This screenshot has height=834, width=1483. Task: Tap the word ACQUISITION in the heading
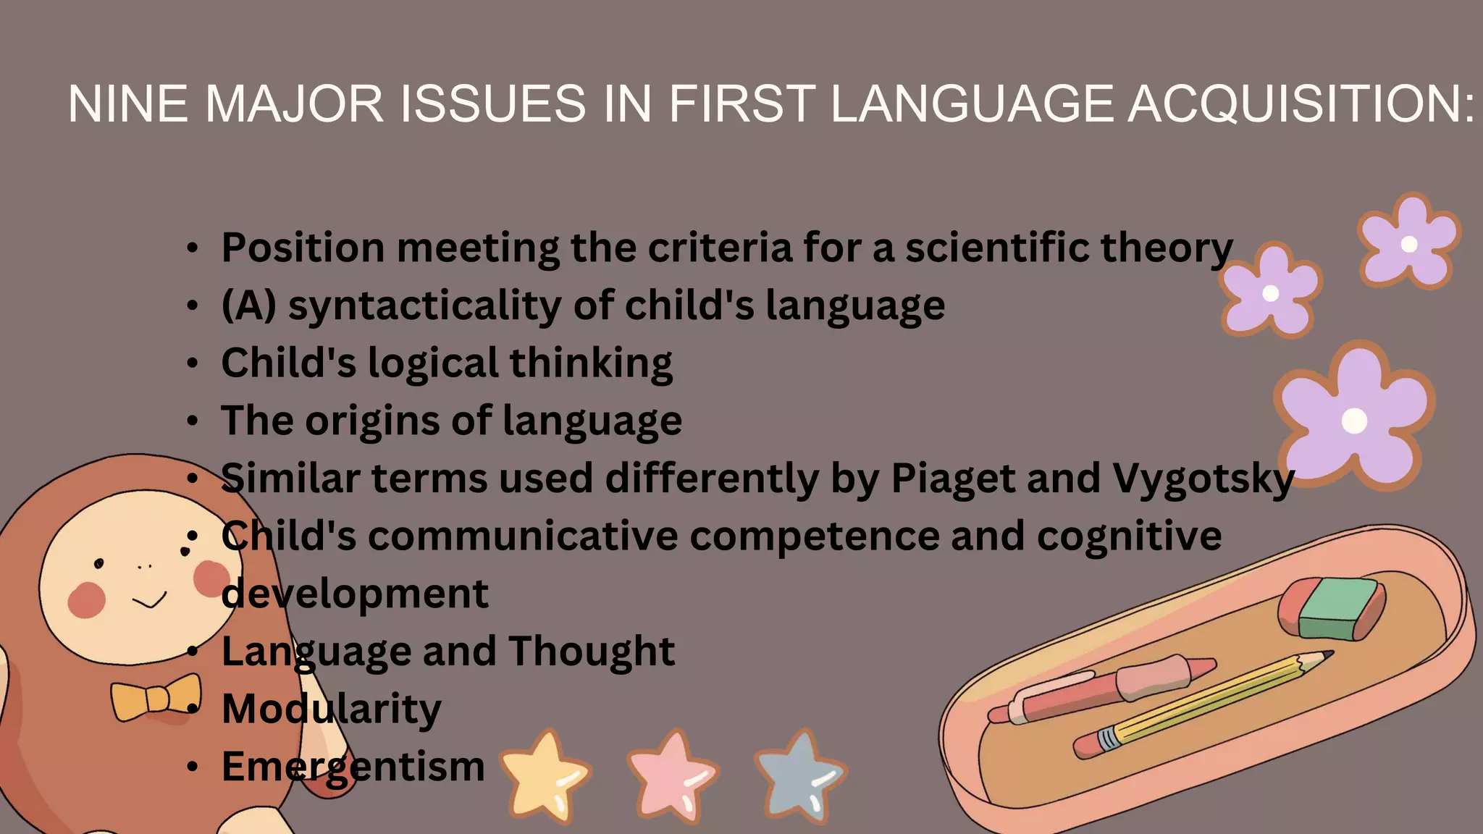[1301, 104]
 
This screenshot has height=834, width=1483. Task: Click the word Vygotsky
[1203, 479]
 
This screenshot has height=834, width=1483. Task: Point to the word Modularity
[331, 709]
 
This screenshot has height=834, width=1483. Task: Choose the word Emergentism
[353, 767]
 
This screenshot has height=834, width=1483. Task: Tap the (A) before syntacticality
[248, 306]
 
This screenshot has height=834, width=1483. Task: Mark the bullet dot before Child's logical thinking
[192, 363]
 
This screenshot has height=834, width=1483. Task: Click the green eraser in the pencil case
[1337, 608]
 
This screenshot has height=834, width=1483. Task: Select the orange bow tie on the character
[156, 697]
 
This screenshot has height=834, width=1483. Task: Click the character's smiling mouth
[150, 601]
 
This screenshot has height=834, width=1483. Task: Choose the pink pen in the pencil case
[1101, 691]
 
